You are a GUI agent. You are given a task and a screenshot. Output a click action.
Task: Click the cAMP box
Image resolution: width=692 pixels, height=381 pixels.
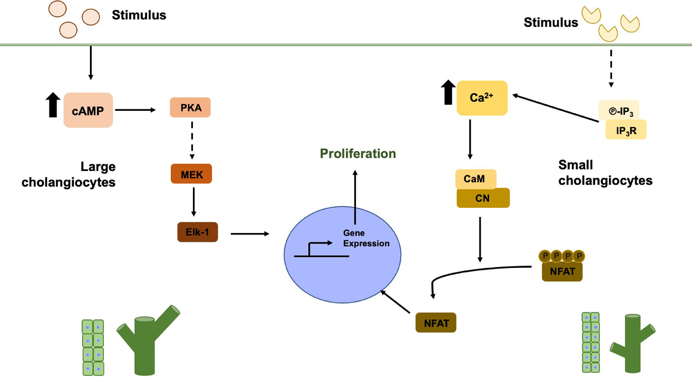point(88,110)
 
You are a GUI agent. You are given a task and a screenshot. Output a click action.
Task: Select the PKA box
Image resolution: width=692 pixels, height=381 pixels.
point(191,108)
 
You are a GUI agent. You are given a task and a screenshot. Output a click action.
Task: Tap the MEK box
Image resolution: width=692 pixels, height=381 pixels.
point(191,174)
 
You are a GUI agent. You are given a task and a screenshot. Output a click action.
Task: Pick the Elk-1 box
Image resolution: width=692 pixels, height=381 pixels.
point(197,232)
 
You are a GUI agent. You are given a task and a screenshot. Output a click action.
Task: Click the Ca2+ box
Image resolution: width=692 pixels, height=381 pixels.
point(482,98)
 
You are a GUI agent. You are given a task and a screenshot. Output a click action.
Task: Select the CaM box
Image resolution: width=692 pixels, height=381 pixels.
point(475,178)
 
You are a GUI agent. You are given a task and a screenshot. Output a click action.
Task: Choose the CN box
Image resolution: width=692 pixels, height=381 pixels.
point(483,198)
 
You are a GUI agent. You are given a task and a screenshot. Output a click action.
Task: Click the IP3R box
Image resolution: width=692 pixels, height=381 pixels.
point(626,130)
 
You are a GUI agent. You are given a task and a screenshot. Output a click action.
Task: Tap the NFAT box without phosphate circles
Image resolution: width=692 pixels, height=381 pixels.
point(436,323)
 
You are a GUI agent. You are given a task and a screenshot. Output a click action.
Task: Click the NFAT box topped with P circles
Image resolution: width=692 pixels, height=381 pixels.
point(562,272)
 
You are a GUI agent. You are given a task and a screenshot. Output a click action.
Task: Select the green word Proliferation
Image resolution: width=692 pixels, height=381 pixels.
point(358,154)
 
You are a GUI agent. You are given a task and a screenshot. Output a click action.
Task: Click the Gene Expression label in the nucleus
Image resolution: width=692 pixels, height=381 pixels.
point(366,238)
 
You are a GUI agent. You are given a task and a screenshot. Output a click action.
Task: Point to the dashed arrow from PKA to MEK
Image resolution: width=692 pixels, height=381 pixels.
point(192,140)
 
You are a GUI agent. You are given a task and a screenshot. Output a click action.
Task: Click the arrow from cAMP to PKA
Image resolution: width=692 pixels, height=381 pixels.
point(135,110)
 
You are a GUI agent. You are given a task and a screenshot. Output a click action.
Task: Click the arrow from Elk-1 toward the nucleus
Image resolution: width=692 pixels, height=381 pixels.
point(250,234)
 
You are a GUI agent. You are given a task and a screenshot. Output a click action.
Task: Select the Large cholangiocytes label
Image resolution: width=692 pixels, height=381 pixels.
point(69,174)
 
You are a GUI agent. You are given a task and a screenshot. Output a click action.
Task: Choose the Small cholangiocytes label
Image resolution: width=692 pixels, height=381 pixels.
point(605,173)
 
